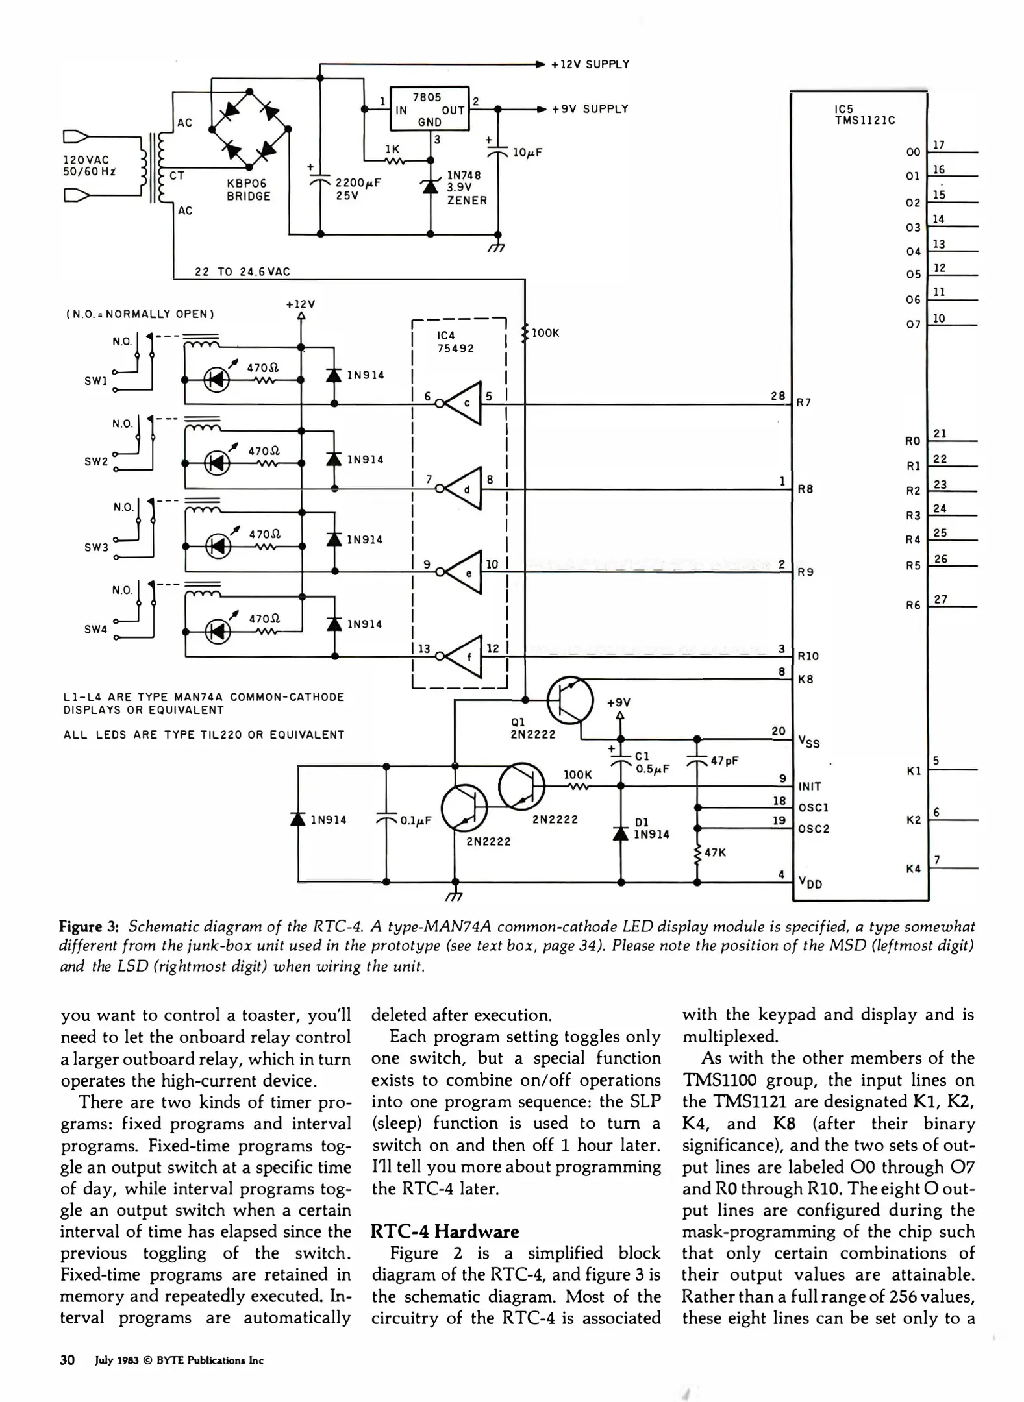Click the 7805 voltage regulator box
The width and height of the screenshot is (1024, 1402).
[429, 108]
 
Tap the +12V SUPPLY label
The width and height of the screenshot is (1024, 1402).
[590, 64]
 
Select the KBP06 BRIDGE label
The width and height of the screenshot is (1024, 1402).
[248, 190]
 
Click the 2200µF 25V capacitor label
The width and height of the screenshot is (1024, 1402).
[357, 189]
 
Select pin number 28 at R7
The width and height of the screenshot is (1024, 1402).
[777, 395]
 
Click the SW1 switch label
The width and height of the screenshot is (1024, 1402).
[95, 381]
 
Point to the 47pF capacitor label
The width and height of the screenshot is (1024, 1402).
[724, 761]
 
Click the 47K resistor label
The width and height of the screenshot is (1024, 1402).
[715, 852]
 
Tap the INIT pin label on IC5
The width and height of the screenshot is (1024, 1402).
[810, 786]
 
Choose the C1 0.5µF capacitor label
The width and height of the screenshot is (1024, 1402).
[651, 763]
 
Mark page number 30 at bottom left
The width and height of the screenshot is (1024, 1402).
[68, 1360]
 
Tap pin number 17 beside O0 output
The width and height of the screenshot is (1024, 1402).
[938, 145]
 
